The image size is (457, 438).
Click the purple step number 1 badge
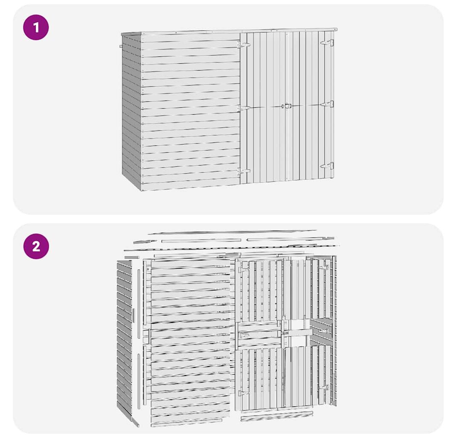(x=36, y=27)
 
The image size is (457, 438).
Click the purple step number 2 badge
(x=36, y=246)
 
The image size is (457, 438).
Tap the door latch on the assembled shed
(x=288, y=106)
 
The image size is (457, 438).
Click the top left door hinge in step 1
(x=244, y=45)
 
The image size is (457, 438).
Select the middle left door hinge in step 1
(x=244, y=108)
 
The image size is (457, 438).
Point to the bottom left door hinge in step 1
(x=244, y=171)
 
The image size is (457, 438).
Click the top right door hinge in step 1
(x=327, y=43)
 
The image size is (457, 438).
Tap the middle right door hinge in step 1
(x=327, y=104)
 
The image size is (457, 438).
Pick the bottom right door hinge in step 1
(x=327, y=166)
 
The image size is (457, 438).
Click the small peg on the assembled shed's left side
(x=121, y=46)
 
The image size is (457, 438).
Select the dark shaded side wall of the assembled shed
(x=131, y=112)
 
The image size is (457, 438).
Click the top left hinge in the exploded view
(x=243, y=269)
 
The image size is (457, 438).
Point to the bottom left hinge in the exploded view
(x=243, y=393)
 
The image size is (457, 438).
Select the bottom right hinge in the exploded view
(x=324, y=388)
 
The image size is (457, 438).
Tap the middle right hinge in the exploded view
(x=324, y=331)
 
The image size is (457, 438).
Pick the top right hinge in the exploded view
(x=324, y=267)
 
